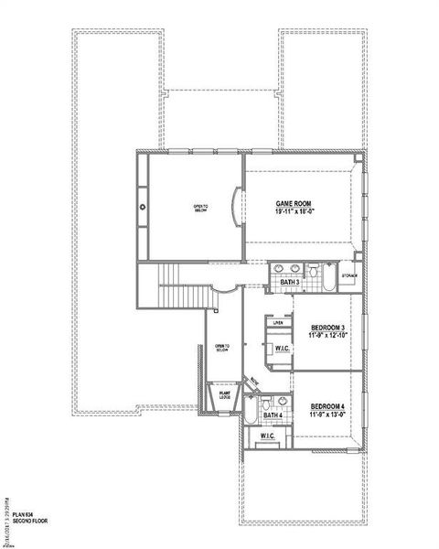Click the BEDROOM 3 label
(x=327, y=328)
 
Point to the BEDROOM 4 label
(x=327, y=405)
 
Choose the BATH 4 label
(x=272, y=416)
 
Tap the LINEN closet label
(x=277, y=322)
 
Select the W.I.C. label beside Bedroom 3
(x=281, y=349)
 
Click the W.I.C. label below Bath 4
(x=267, y=436)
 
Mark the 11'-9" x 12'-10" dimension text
(x=327, y=337)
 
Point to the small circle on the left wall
(x=143, y=207)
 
